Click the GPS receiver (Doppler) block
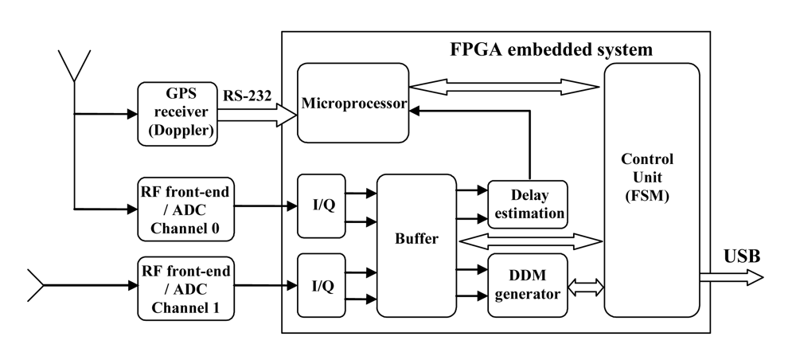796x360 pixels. pyautogui.click(x=177, y=114)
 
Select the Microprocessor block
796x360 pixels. pyautogui.click(x=353, y=104)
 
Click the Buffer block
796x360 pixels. pyautogui.click(x=416, y=238)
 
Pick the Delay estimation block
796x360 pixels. pyautogui.click(x=527, y=204)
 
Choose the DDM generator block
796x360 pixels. pyautogui.click(x=527, y=284)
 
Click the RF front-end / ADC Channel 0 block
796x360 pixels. pyautogui.click(x=185, y=208)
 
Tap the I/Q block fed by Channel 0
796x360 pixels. pyautogui.click(x=322, y=205)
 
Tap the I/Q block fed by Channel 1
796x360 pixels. pyautogui.click(x=322, y=285)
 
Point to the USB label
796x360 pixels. pyautogui.click(x=741, y=256)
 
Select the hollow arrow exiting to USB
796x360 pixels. pyautogui.click(x=731, y=277)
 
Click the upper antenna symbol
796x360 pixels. pyautogui.click(x=74, y=65)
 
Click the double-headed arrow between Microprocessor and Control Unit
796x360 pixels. pyautogui.click(x=504, y=85)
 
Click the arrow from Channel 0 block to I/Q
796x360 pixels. pyautogui.click(x=266, y=206)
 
